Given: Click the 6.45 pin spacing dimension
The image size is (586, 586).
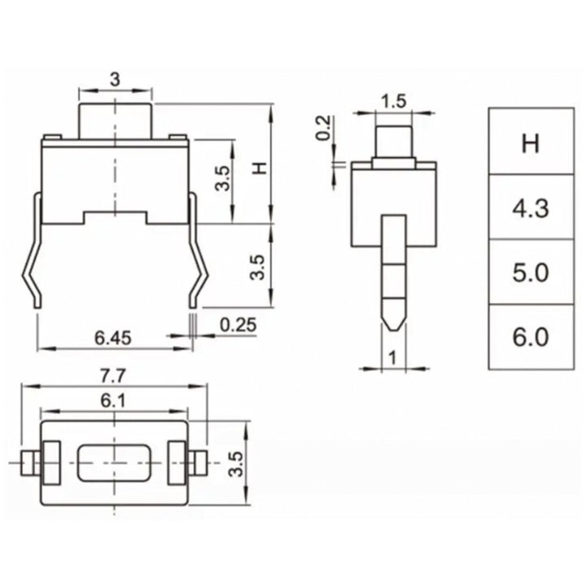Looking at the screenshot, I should click(114, 335).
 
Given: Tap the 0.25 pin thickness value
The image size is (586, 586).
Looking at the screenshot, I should click(238, 325).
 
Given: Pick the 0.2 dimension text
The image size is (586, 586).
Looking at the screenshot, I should click(324, 129).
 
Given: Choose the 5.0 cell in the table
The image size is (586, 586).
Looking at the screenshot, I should click(531, 273).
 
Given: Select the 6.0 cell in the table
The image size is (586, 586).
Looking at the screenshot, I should click(531, 336).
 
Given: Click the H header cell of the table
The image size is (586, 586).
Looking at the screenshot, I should click(531, 144).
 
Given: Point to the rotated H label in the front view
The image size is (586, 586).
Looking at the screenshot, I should click(260, 168).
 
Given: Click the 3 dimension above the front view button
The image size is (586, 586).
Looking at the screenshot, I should click(115, 79).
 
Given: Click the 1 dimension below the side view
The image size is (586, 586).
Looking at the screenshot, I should click(393, 355).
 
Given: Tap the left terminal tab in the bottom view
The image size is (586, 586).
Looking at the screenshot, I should click(27, 464).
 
